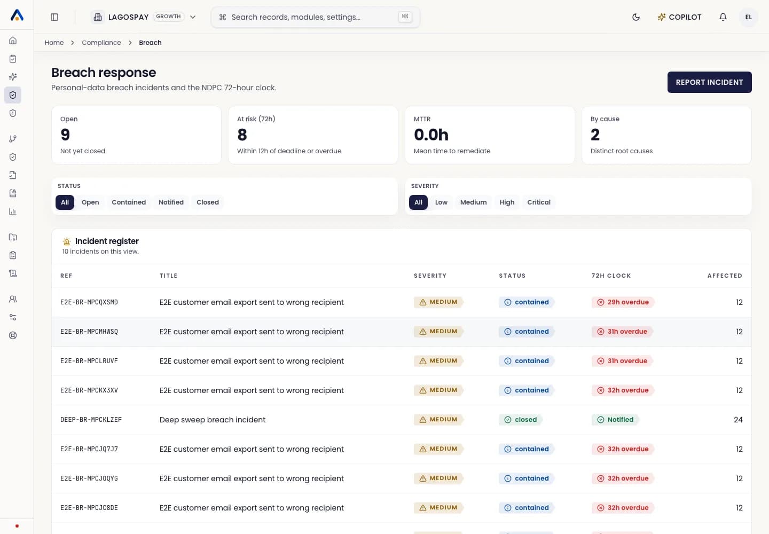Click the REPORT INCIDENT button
pos(709,82)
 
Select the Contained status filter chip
pos(129,202)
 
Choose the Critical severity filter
pos(539,202)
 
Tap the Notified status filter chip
pos(171,202)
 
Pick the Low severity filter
pos(441,202)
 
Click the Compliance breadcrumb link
pos(101,43)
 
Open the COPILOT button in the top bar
pos(679,17)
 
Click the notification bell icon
pos(723,17)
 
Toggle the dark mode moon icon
pos(636,17)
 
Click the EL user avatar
pos(748,17)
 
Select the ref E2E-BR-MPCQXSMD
pos(89,302)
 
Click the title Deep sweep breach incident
pos(213,420)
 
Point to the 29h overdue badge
pos(623,302)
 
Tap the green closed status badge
pos(521,419)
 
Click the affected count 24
pos(738,420)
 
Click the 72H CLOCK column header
pos(611,276)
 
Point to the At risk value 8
pos(242,135)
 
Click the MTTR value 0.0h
pos(431,135)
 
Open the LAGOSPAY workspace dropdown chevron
pos(193,17)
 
